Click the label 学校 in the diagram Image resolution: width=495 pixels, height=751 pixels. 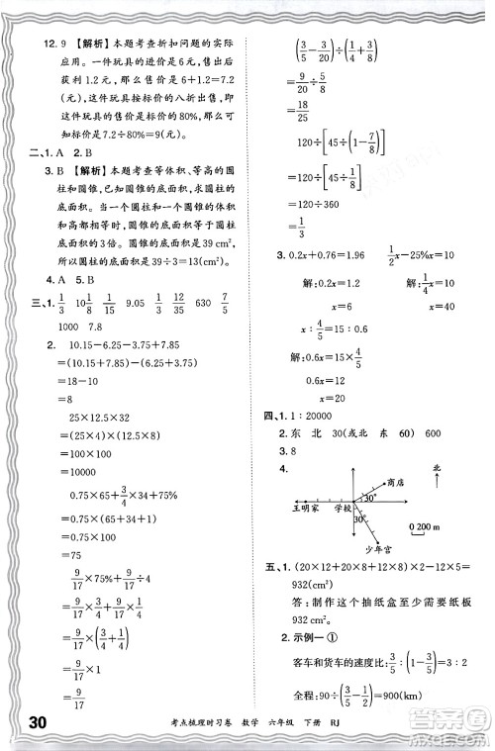point(344,508)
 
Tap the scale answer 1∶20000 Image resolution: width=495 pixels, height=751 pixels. point(320,388)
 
